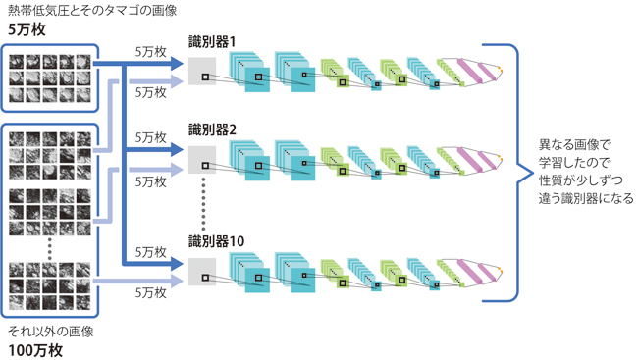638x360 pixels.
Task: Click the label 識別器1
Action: [212, 42]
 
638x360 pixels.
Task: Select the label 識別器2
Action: [212, 129]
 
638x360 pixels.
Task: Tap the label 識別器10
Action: [216, 241]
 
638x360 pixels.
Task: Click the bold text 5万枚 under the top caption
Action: [27, 29]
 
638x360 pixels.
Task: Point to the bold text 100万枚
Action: [35, 350]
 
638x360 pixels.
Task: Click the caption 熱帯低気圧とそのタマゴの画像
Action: [92, 10]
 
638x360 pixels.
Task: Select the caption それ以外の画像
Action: [51, 332]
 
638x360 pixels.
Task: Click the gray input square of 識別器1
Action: [202, 72]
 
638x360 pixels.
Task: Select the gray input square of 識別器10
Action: [202, 272]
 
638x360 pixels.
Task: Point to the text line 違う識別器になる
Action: [586, 198]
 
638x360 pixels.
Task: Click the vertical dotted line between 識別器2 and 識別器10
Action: [204, 204]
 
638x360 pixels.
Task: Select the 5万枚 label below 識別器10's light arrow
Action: [151, 292]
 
